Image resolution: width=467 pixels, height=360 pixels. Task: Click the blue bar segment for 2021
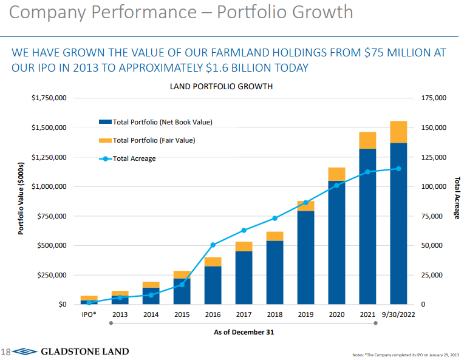(367, 228)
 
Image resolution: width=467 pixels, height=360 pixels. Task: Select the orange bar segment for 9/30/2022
(398, 132)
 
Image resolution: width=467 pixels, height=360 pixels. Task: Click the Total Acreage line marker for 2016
(213, 245)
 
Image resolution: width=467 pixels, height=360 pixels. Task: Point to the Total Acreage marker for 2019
(305, 203)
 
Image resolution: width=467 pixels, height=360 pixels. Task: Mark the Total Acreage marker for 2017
(244, 230)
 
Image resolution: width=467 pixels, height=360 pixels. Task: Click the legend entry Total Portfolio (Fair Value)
(154, 140)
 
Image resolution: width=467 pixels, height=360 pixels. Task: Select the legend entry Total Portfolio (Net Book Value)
(155, 122)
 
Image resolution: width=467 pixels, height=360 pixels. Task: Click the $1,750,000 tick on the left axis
(49, 98)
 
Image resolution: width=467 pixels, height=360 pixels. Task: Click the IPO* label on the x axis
(89, 315)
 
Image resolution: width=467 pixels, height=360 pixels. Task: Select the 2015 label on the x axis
(182, 315)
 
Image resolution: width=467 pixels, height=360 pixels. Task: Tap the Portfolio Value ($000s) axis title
(21, 199)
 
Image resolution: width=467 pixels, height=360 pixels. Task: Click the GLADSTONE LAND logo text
(84, 352)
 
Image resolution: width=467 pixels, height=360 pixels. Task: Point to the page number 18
(5, 352)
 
